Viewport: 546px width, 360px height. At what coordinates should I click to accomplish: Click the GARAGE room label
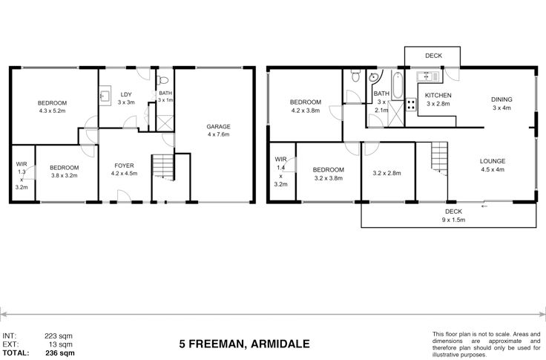(218, 126)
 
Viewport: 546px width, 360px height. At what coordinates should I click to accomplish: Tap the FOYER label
(124, 166)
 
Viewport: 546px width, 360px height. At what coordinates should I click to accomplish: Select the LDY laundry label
(126, 94)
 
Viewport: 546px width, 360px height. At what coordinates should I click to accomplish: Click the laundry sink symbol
(105, 96)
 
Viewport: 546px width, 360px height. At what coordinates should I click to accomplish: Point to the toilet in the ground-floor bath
(162, 80)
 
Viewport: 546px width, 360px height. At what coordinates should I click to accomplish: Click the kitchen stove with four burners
(411, 105)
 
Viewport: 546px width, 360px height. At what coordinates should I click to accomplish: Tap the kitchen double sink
(429, 76)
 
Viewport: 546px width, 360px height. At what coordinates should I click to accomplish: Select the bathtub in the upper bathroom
(398, 85)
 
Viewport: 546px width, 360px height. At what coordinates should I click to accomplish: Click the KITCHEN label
(438, 95)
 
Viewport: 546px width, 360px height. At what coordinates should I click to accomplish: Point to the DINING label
(501, 99)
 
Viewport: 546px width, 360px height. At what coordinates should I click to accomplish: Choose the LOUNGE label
(493, 161)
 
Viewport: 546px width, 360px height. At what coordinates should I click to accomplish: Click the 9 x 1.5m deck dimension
(454, 220)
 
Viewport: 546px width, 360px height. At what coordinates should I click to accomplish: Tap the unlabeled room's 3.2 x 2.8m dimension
(387, 173)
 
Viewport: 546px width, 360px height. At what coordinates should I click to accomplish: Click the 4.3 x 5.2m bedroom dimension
(52, 111)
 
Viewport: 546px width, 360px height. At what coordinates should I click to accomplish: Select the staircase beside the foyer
(163, 167)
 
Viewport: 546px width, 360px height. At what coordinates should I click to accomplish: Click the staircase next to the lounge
(439, 158)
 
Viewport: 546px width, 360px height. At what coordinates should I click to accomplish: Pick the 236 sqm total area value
(60, 353)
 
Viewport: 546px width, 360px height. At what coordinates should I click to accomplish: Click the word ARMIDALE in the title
(280, 344)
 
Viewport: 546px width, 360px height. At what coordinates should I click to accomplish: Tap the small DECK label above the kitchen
(433, 56)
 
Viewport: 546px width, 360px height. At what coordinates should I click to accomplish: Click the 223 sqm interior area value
(59, 336)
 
